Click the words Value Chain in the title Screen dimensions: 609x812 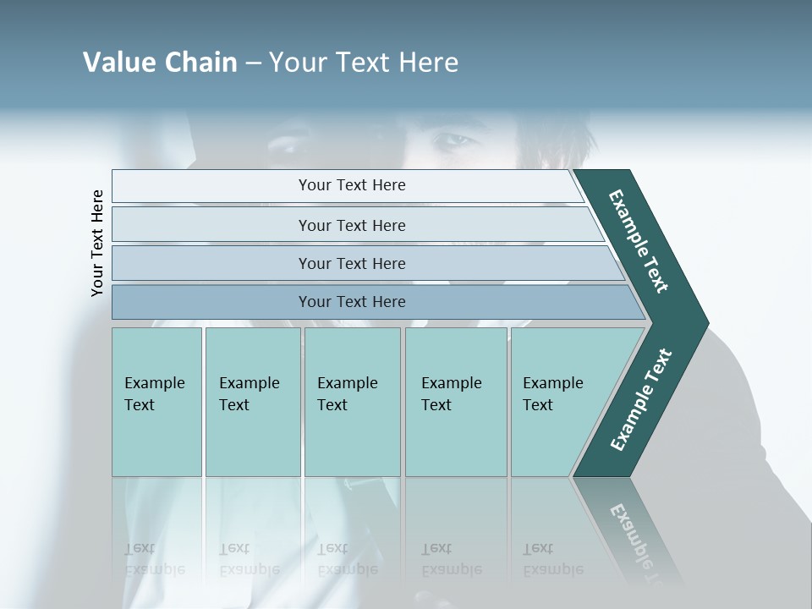[x=160, y=63]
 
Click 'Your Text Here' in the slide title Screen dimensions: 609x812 [x=364, y=63]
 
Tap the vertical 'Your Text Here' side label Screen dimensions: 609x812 [x=97, y=244]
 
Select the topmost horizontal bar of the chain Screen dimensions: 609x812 [x=351, y=185]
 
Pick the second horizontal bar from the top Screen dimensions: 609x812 [x=351, y=225]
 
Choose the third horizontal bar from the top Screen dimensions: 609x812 [x=351, y=263]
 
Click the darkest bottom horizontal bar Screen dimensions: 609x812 [x=351, y=302]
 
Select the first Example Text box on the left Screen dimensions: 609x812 [x=156, y=401]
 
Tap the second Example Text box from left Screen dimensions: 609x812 [x=252, y=401]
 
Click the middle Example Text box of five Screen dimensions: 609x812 [x=352, y=401]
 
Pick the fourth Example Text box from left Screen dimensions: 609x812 [x=456, y=401]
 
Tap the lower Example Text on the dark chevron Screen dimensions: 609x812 [x=640, y=400]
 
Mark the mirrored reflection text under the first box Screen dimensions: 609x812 [x=155, y=559]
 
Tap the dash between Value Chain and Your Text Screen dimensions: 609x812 [x=253, y=63]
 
